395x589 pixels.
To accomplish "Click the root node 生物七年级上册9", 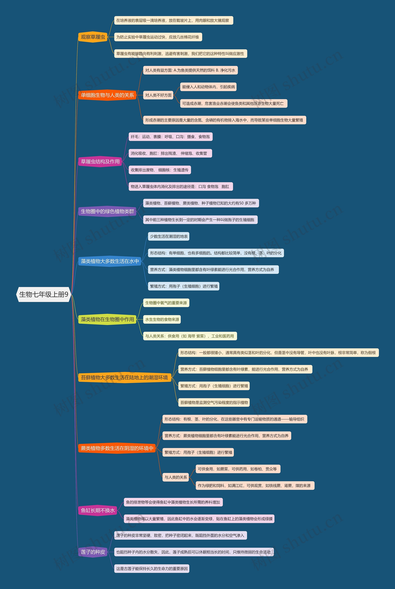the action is (44, 294).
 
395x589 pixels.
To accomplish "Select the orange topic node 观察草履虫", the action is (93, 37).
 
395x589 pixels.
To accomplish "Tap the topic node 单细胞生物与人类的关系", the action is (107, 95).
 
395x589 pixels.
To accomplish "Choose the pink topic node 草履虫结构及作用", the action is (100, 162).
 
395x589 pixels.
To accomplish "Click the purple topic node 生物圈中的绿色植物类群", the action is (107, 211).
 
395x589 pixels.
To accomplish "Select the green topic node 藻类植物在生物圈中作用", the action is (107, 319).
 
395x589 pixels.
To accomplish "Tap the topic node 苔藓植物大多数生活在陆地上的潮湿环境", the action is (125, 378).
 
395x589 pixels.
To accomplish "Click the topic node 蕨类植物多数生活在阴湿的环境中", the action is (117, 448).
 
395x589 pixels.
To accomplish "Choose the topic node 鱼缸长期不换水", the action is (98, 511).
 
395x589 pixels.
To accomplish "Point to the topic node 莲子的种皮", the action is (93, 552).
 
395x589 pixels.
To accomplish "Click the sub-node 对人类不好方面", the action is (158, 95).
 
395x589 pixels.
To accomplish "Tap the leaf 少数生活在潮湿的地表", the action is (168, 236).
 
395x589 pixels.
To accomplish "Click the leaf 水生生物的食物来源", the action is (162, 319).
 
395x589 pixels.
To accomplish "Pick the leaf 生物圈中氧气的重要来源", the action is (166, 303).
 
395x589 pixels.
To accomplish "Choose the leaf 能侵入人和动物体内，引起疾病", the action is (208, 87).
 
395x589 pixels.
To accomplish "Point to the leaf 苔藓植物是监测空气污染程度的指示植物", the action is (214, 402).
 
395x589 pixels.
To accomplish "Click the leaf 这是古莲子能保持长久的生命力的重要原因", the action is (152, 569).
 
